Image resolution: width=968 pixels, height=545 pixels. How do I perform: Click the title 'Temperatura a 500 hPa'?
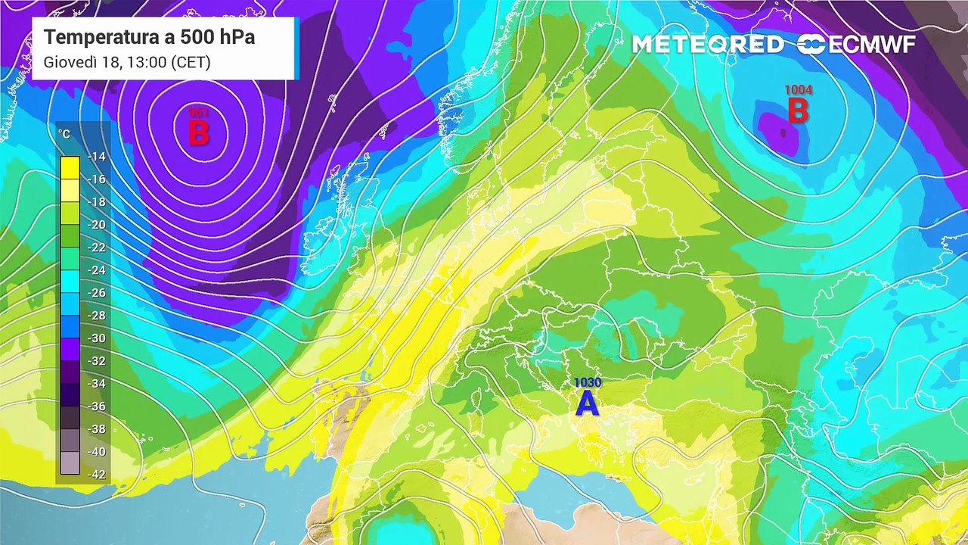(149, 37)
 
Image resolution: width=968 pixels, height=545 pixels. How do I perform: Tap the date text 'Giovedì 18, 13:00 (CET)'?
(127, 62)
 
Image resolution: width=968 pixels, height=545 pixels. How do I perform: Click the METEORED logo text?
(708, 45)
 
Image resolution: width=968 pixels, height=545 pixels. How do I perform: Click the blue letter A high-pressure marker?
(587, 403)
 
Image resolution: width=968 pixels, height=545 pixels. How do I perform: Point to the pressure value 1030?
(587, 383)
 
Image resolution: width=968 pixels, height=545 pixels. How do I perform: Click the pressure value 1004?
(798, 90)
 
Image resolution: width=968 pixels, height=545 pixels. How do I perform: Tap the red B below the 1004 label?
(798, 111)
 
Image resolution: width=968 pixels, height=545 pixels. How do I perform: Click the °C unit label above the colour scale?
(65, 134)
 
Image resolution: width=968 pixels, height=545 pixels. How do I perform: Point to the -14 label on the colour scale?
(96, 157)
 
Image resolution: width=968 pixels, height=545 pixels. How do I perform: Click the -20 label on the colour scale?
(96, 225)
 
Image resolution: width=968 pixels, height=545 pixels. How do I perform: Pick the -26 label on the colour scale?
(96, 293)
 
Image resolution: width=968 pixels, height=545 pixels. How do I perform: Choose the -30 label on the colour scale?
(96, 338)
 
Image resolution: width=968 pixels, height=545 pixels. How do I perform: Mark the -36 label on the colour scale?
(96, 406)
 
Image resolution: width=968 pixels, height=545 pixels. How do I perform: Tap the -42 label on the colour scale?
(96, 475)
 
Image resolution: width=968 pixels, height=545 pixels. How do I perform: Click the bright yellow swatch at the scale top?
(70, 167)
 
